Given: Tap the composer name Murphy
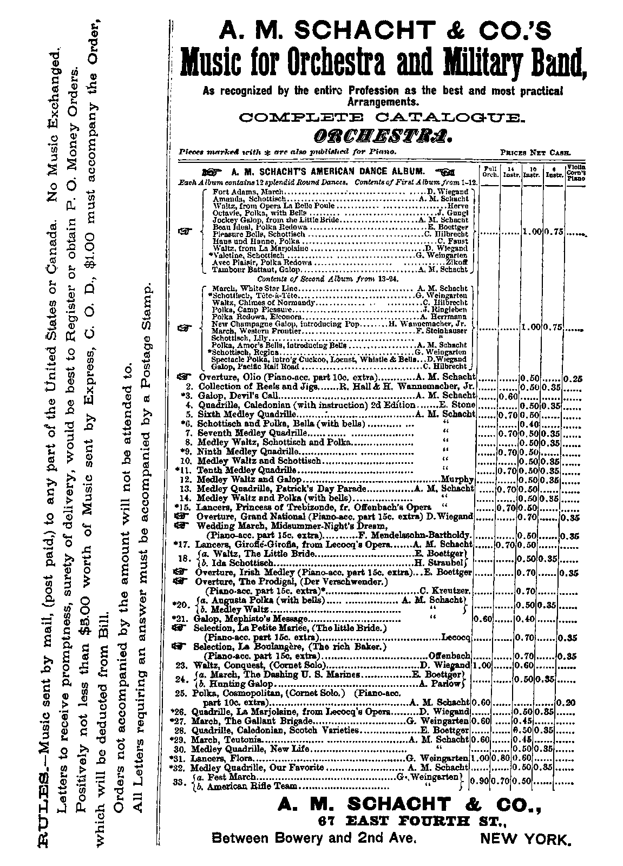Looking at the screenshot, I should (x=457, y=480).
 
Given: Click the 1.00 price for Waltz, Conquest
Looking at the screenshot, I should (x=481, y=665).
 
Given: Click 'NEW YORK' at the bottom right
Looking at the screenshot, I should (x=525, y=840).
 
